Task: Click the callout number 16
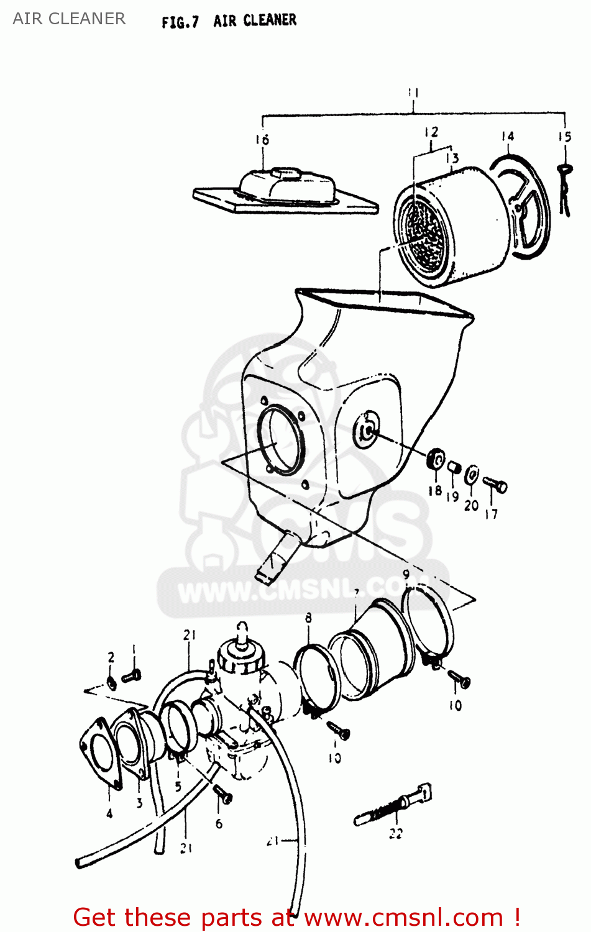(262, 140)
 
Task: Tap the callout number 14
(508, 136)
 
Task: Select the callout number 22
(396, 834)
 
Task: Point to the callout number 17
(491, 514)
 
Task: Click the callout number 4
(109, 813)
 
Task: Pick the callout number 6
(219, 823)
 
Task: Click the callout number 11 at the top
(413, 93)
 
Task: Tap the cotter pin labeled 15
(565, 190)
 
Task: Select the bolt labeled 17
(495, 484)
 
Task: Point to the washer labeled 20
(472, 475)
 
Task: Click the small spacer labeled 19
(454, 467)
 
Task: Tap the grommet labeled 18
(437, 460)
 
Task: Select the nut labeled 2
(111, 683)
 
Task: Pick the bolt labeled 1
(132, 675)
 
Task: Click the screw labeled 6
(222, 793)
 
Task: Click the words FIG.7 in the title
(180, 22)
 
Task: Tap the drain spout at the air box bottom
(275, 557)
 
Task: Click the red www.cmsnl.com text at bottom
(403, 917)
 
